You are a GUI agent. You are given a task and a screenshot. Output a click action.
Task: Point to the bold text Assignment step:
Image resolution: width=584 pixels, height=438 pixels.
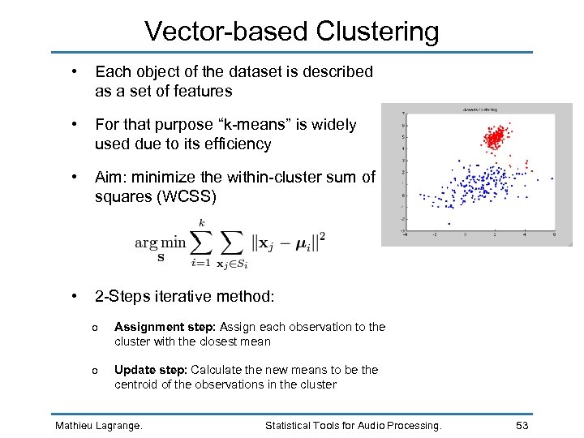165,327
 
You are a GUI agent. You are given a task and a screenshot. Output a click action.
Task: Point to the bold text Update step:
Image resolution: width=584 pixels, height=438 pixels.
151,370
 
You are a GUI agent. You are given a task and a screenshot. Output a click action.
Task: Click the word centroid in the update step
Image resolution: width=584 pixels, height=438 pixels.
136,384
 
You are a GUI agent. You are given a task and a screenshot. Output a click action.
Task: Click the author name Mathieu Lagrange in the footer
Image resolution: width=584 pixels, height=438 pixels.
97,425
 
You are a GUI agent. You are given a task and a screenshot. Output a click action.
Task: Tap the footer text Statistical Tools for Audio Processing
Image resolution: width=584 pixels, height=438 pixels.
354,425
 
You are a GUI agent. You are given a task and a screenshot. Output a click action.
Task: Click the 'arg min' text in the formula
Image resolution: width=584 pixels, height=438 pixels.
160,243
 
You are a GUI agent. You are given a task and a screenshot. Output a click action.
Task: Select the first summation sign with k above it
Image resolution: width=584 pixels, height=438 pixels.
200,242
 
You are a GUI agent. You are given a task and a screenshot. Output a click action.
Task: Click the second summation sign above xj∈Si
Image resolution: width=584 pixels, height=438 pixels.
233,242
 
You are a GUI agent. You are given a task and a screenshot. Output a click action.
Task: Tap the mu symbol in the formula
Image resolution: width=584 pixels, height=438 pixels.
303,243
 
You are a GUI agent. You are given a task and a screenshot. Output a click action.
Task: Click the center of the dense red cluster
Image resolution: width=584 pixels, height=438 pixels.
494,138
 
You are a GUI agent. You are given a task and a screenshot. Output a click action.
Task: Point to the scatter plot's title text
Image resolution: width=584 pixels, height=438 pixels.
480,108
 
